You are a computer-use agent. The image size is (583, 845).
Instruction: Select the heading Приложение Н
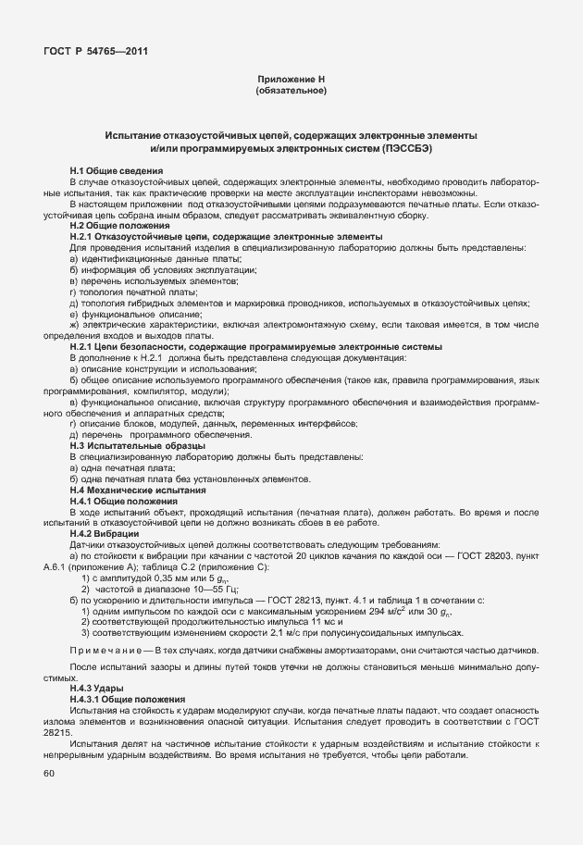tap(291, 81)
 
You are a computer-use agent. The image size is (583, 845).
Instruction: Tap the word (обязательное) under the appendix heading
tap(291, 92)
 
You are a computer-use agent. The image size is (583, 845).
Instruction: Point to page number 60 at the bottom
tap(49, 773)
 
